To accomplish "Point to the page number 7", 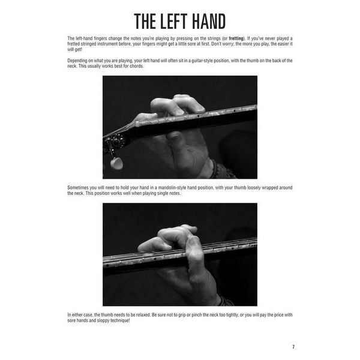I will pos(293,347).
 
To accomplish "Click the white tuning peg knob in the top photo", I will pos(117,163).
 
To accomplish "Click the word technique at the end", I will pos(117,320).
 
